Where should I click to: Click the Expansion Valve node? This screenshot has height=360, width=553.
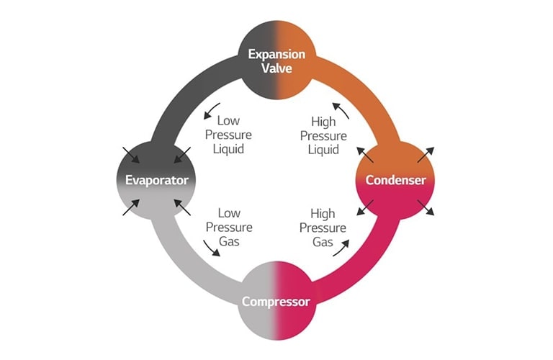(x=276, y=60)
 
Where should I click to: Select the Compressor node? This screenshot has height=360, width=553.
(x=276, y=301)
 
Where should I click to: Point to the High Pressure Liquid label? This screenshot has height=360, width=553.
(x=323, y=135)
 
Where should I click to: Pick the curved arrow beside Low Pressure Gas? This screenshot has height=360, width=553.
(x=211, y=248)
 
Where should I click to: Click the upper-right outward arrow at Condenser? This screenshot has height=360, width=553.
(x=426, y=153)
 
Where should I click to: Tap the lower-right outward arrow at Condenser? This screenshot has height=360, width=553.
(x=426, y=207)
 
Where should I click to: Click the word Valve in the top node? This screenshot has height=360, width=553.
(x=276, y=68)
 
